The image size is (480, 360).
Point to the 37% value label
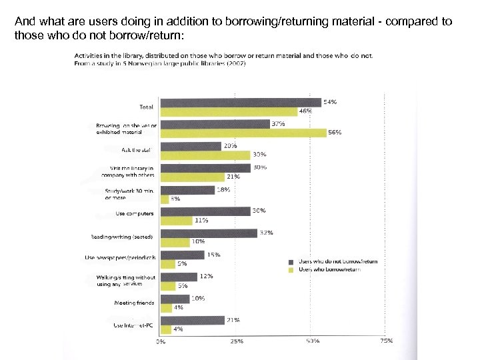point(279,123)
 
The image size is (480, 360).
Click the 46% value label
point(305,111)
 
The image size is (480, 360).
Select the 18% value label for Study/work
point(224,189)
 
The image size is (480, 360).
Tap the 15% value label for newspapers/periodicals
point(214,255)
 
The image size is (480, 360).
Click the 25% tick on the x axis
point(237,341)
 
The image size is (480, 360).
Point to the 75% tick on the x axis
point(385,341)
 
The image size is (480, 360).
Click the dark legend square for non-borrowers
point(291,262)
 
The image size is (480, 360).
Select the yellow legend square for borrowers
point(291,269)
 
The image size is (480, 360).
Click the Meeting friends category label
point(135,303)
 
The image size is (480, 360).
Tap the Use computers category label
point(135,214)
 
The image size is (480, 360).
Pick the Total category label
point(145,107)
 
